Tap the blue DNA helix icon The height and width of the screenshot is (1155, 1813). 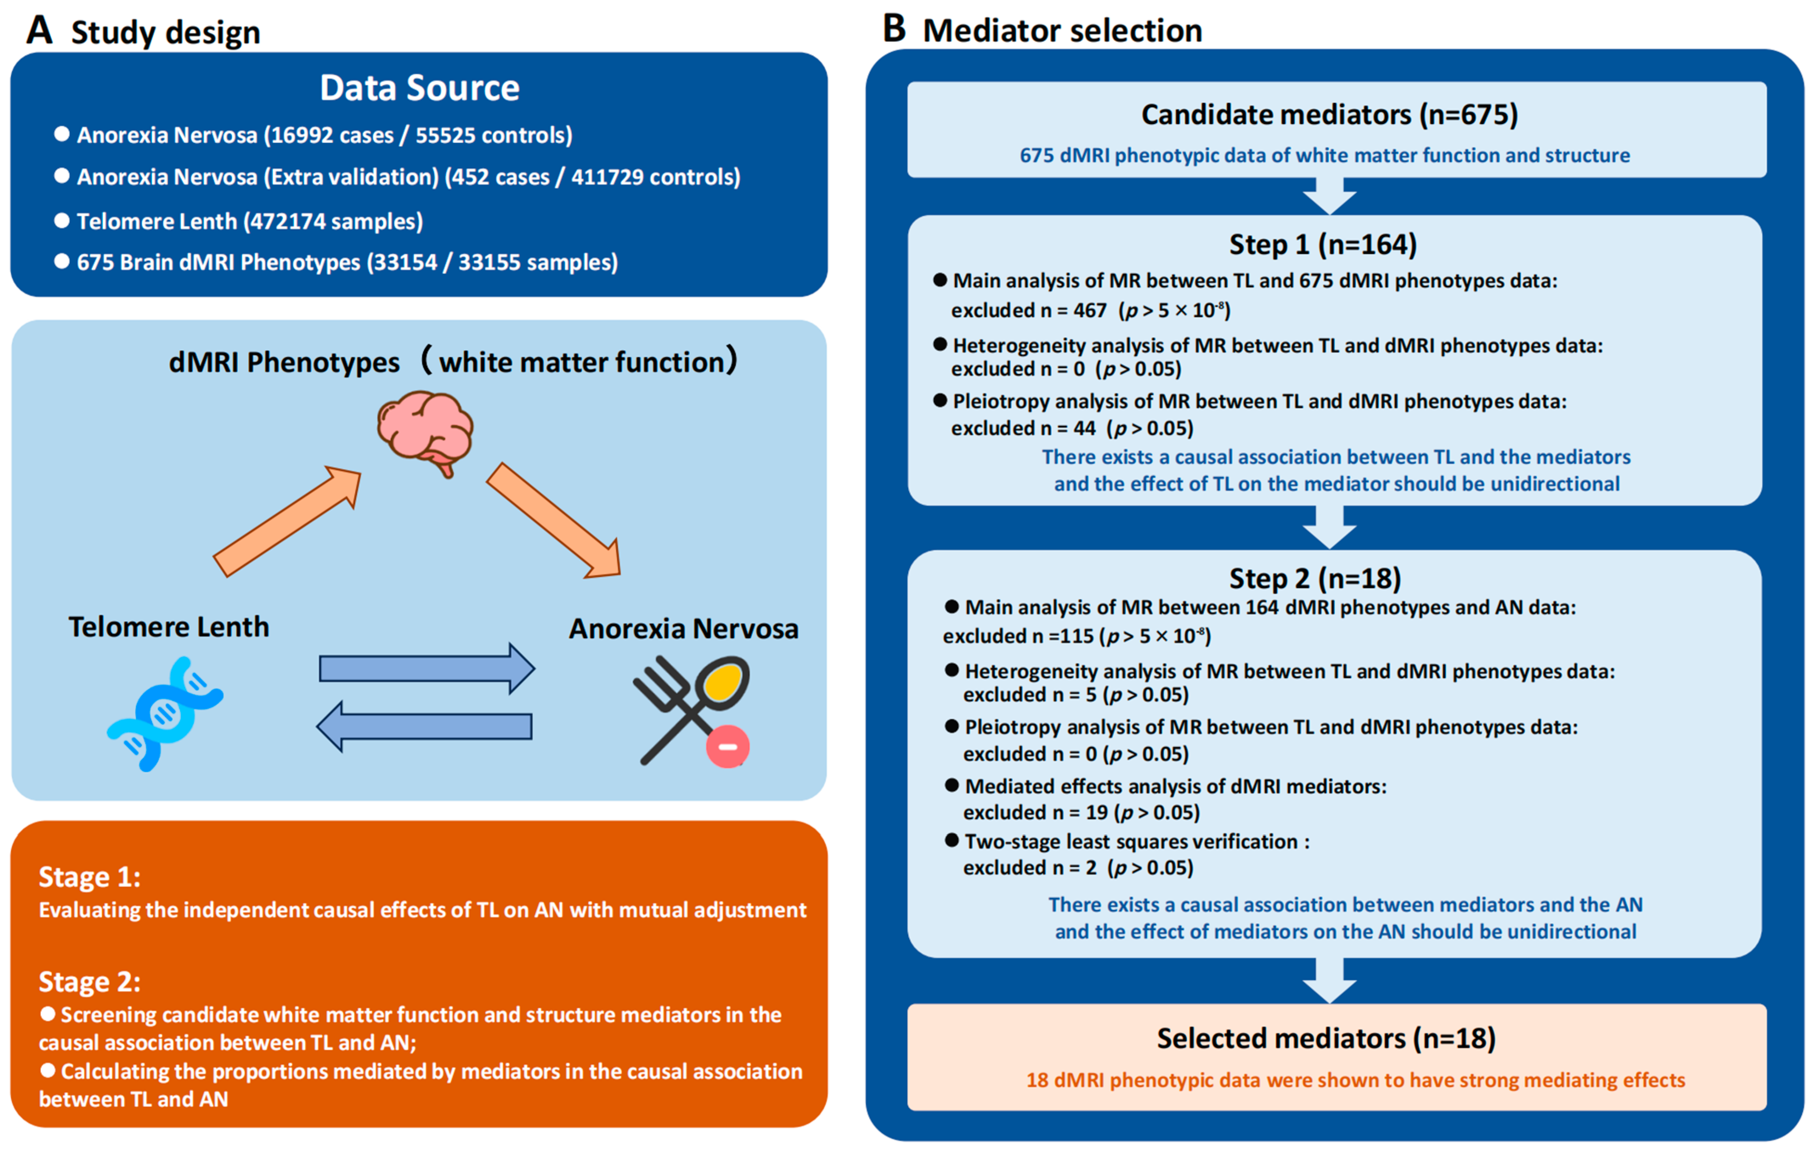pyautogui.click(x=165, y=713)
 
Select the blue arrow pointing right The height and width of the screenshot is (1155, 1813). pyautogui.click(x=426, y=668)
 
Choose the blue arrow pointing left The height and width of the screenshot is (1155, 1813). pyautogui.click(x=425, y=726)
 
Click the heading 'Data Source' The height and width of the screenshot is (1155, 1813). pyautogui.click(x=419, y=88)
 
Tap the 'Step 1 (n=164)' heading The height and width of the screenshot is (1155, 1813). pyautogui.click(x=1323, y=245)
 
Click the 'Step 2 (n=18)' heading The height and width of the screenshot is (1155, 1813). pyautogui.click(x=1315, y=578)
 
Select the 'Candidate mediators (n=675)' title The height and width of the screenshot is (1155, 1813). pyautogui.click(x=1329, y=114)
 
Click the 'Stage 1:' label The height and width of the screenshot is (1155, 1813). pyautogui.click(x=90, y=877)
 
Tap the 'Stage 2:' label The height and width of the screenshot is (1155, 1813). pyautogui.click(x=90, y=982)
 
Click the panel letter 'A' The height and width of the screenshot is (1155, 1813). pyautogui.click(x=39, y=31)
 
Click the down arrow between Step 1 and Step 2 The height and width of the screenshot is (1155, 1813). pyautogui.click(x=1330, y=527)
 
